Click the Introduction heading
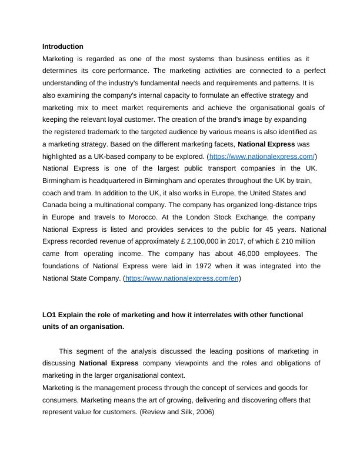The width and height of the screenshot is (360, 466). [63, 46]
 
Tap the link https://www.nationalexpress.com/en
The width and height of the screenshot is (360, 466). [182, 278]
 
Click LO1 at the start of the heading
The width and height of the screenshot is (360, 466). [49, 315]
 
